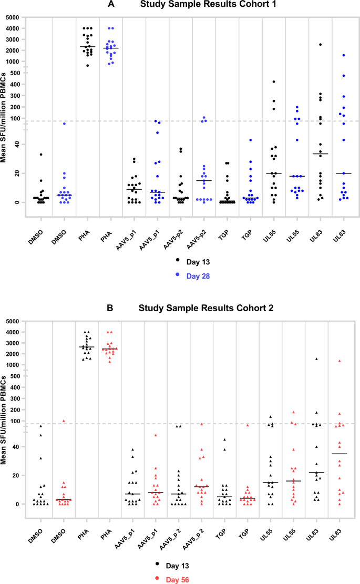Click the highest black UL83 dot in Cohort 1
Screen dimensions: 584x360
tap(320, 45)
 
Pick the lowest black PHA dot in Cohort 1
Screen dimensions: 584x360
tap(88, 65)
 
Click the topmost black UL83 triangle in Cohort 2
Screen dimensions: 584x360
tap(316, 359)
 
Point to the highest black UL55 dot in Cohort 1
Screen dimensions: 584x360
tap(274, 81)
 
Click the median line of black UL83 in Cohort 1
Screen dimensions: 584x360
tap(320, 154)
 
